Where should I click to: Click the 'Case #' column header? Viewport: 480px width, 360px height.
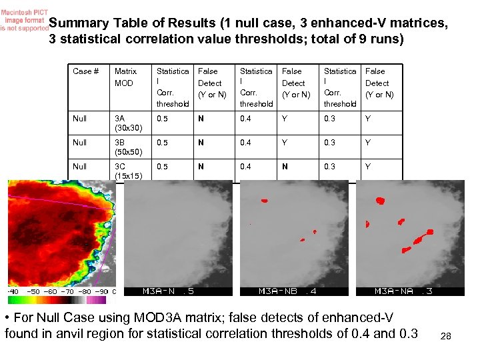(86, 71)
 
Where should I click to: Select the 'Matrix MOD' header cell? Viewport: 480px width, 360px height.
(125, 77)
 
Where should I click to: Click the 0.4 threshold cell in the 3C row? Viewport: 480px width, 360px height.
(246, 167)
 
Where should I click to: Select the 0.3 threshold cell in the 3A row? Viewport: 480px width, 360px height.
(329, 119)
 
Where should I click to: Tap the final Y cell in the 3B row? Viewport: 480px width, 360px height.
(368, 143)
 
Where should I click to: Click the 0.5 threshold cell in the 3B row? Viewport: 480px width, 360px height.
(162, 143)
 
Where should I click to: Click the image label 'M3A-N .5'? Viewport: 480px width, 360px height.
(169, 291)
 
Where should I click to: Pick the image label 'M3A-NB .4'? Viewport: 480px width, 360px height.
(287, 291)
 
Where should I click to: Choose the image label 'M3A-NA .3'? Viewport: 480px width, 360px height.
(403, 291)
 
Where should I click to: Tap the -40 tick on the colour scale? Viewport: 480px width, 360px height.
(13, 291)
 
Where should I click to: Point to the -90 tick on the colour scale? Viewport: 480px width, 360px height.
(101, 291)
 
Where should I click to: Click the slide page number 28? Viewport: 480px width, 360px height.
(446, 337)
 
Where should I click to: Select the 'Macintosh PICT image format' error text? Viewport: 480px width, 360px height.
(24, 19)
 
